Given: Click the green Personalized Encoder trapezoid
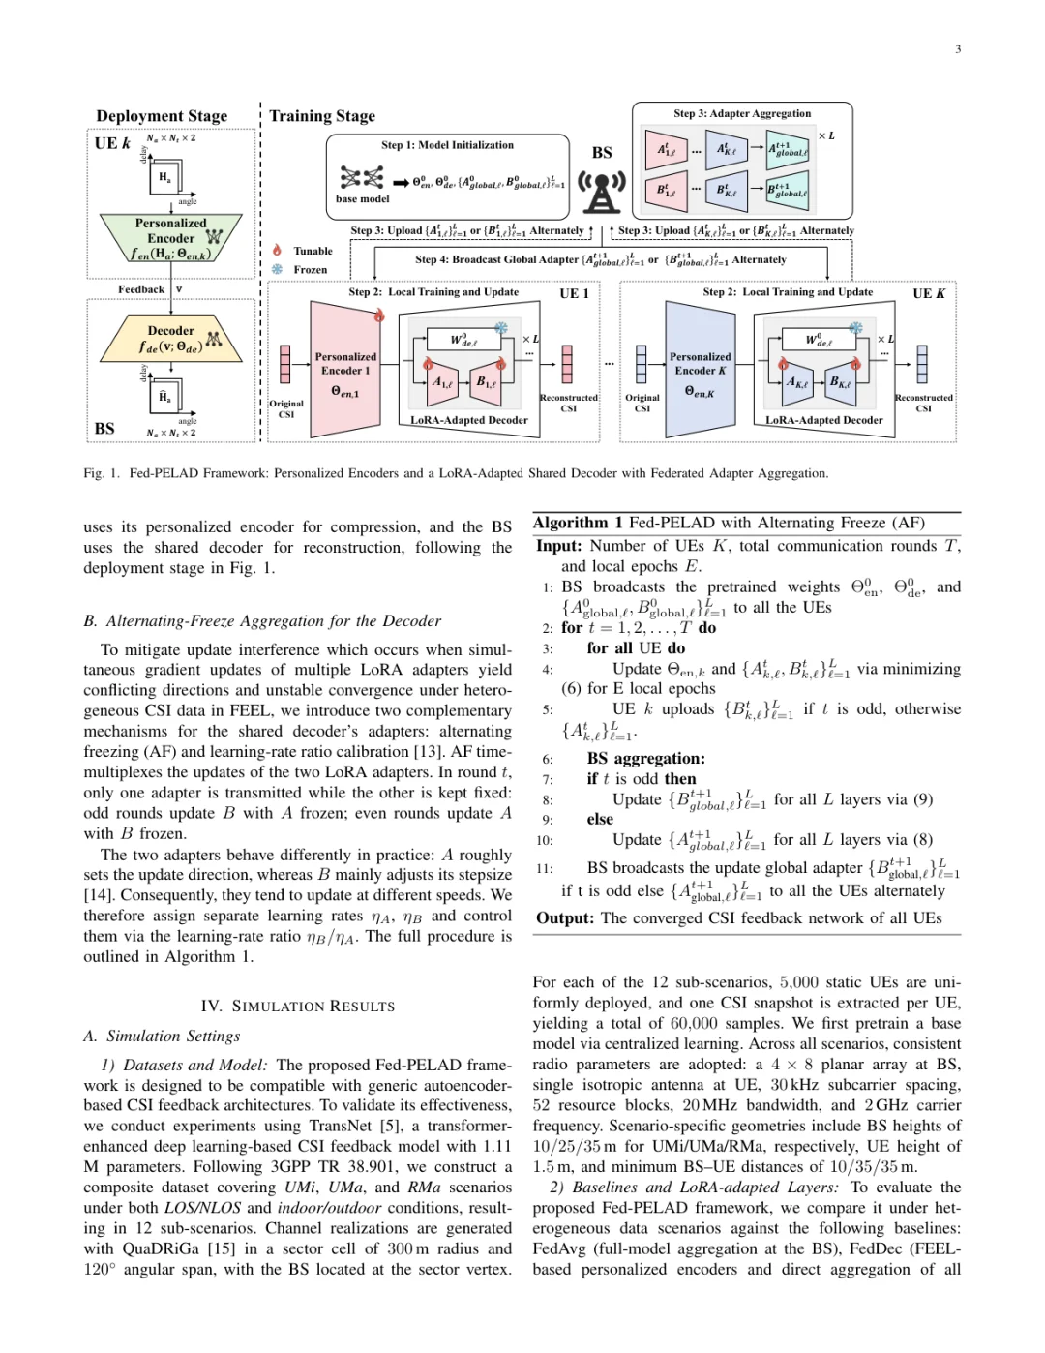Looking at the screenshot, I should (x=170, y=238).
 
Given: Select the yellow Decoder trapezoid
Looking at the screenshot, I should (x=170, y=339).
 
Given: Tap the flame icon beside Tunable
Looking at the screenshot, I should (x=277, y=250).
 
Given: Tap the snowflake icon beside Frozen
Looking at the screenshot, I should (x=277, y=269).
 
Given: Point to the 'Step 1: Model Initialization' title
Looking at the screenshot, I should (x=447, y=145).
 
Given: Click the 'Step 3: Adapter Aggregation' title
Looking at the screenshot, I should (x=742, y=113).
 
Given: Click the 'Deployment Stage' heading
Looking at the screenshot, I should (x=162, y=116).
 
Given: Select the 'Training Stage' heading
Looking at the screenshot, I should (x=322, y=116).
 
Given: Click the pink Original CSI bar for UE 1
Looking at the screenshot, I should (x=285, y=365).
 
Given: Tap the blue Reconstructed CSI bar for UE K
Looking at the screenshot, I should (x=922, y=365).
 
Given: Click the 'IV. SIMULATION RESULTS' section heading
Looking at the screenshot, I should (x=298, y=1007).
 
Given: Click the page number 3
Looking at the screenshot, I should (x=958, y=48).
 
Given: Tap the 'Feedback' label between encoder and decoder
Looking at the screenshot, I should (x=141, y=289).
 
